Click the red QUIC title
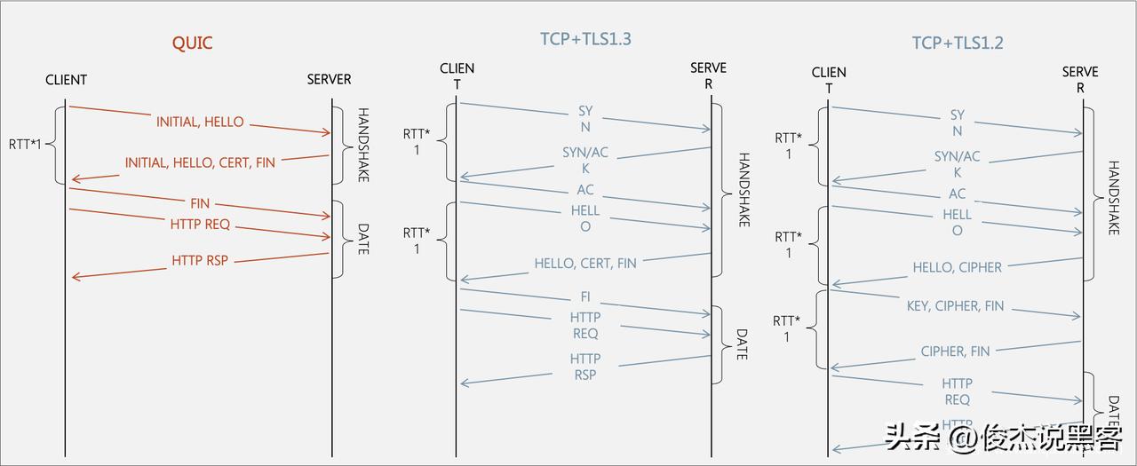(x=192, y=43)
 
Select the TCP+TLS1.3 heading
(x=585, y=38)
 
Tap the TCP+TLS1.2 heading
(x=957, y=43)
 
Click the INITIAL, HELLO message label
(x=200, y=122)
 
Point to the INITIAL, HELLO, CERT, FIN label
(x=200, y=162)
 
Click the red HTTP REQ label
(x=200, y=224)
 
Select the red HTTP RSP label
(x=200, y=260)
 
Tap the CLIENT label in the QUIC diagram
(x=67, y=80)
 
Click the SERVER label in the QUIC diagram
(x=329, y=79)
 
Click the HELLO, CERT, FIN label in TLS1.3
(x=585, y=263)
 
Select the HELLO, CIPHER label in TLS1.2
(x=957, y=267)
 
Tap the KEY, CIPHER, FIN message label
(x=955, y=305)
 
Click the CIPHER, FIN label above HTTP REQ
(x=955, y=351)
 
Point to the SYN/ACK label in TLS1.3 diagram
(x=585, y=160)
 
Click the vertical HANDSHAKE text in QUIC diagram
(x=362, y=146)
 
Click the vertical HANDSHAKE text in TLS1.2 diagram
(x=1114, y=197)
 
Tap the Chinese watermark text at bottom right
(x=1004, y=438)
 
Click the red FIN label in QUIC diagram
(x=200, y=203)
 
